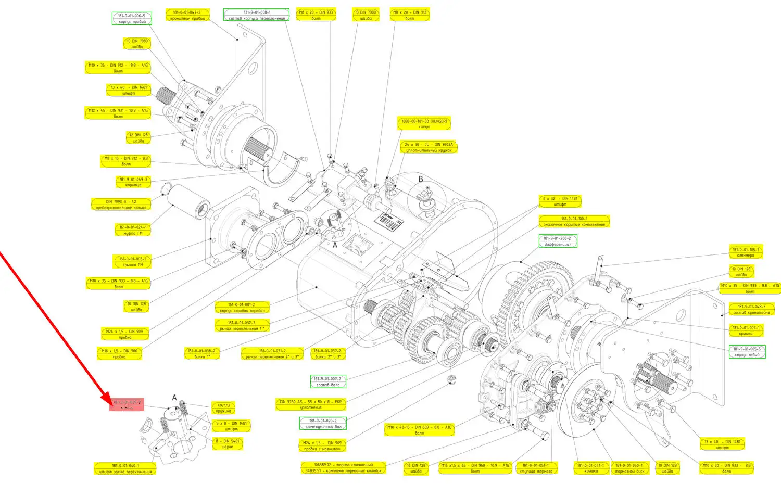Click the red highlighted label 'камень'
127,405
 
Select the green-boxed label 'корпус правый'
132,19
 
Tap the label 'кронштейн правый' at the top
188,15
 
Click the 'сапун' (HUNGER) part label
424,124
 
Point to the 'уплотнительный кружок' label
429,147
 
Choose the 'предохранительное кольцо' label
121,205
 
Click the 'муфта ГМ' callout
133,231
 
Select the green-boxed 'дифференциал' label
558,241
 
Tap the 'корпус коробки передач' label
242,308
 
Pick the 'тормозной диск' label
629,468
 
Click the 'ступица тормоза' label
535,468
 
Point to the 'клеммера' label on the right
746,252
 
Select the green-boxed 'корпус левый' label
747,352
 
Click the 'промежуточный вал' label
323,424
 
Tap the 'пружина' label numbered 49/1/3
223,408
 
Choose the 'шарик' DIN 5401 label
228,444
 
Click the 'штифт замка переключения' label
125,469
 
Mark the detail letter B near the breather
421,179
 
